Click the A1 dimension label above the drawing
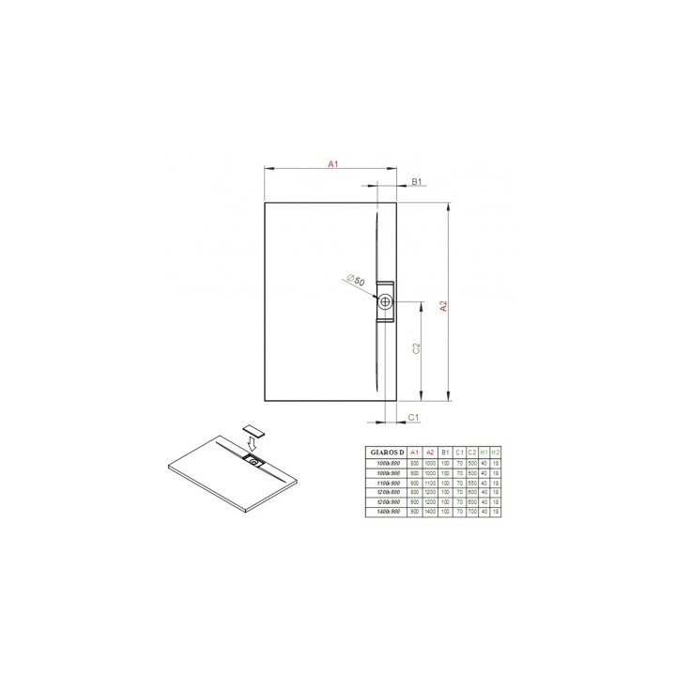(332, 164)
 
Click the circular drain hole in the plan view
(386, 302)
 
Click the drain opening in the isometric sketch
(253, 461)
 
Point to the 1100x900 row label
(387, 482)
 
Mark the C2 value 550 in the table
(471, 482)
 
